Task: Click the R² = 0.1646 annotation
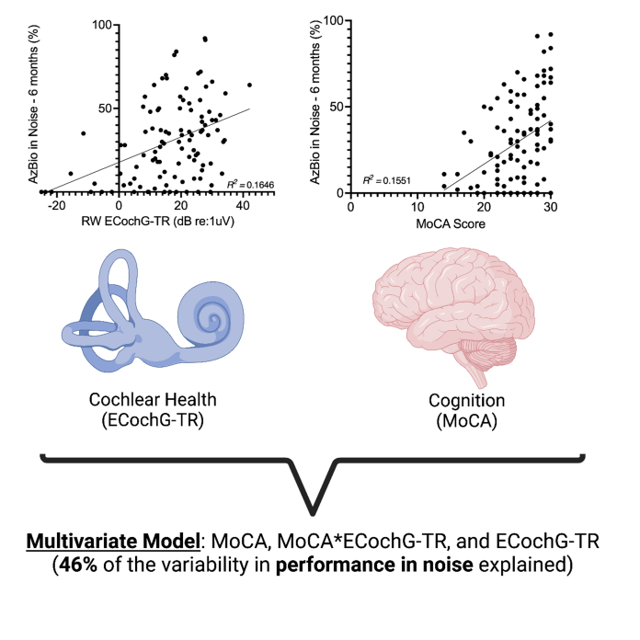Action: pos(226,186)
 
